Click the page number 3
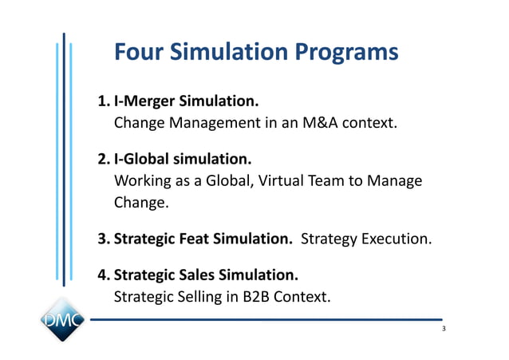click(x=444, y=330)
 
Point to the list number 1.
click(x=102, y=102)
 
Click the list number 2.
click(x=102, y=160)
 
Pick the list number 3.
click(x=102, y=239)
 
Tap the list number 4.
click(x=102, y=275)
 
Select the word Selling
click(x=197, y=297)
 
